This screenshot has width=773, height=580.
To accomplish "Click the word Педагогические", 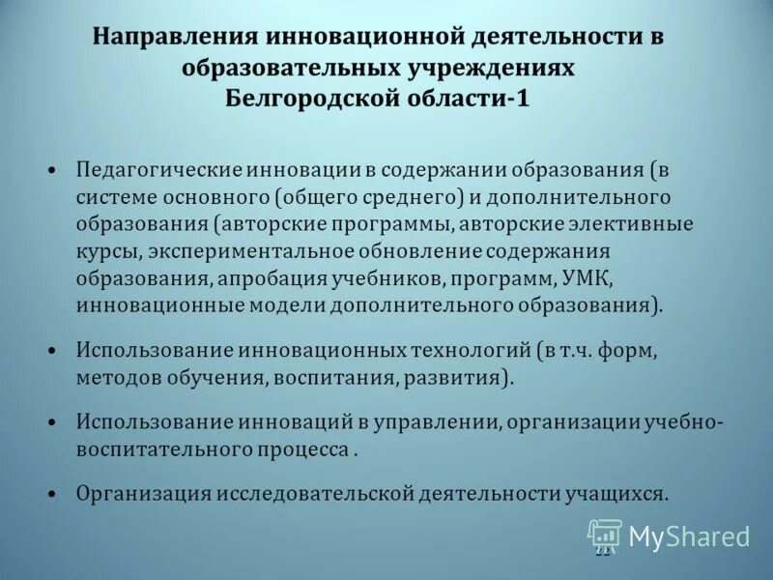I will click(x=158, y=170).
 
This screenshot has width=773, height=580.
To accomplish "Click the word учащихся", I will click(x=616, y=492).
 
